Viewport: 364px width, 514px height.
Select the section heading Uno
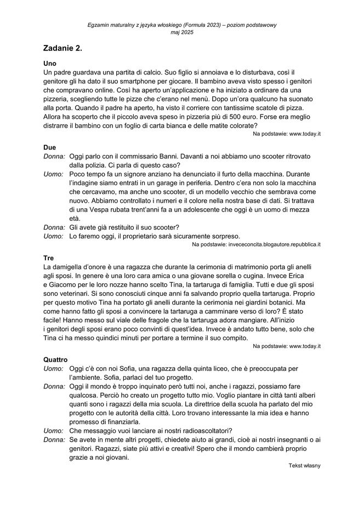(x=50, y=64)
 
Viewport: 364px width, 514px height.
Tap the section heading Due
(x=50, y=147)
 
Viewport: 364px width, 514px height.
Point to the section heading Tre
(x=49, y=258)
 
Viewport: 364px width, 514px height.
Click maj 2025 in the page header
(x=182, y=32)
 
